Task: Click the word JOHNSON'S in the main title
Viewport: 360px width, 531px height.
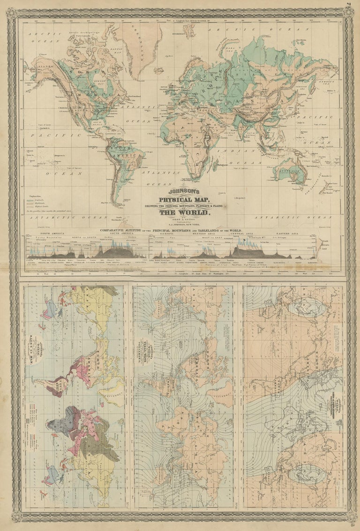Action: click(180, 191)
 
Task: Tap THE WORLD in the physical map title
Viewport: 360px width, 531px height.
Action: click(180, 212)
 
